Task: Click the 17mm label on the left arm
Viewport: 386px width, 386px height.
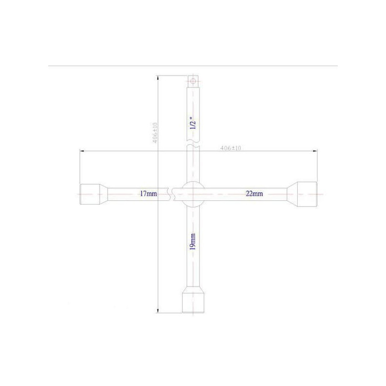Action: (149, 193)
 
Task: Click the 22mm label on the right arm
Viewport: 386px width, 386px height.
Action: (254, 193)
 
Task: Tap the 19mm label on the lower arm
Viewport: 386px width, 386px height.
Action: (193, 242)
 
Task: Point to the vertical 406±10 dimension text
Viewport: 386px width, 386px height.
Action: (155, 133)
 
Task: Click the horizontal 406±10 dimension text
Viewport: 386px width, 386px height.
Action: (231, 148)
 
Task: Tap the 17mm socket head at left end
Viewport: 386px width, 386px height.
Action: (90, 194)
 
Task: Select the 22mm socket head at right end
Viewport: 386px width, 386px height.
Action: (307, 194)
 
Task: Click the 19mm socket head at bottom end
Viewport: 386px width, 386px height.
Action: (193, 303)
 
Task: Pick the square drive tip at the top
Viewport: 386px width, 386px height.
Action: (193, 81)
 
